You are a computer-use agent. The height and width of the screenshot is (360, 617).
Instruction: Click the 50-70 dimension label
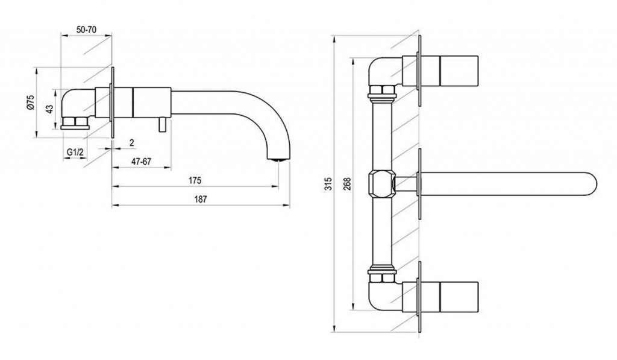pos(86,30)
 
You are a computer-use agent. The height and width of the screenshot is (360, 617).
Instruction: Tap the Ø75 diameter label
pos(31,103)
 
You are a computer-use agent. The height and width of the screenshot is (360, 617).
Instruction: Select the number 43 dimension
pos(49,109)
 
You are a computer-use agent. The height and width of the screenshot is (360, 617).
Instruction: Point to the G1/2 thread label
pos(75,152)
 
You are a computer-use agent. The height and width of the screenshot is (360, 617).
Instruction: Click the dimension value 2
pos(132,143)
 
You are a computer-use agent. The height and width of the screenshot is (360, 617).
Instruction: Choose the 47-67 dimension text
pos(141,162)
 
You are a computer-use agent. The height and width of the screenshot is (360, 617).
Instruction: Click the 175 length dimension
pos(195,180)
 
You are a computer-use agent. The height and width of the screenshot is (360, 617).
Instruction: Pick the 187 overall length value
pos(201,200)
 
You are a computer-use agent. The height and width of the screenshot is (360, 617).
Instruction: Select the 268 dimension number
pos(347,184)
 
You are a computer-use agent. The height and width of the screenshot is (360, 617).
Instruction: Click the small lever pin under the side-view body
pos(162,124)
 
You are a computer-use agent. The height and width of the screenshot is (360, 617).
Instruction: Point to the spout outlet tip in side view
pos(278,159)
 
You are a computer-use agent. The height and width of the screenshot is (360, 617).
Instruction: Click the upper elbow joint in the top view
pos(386,73)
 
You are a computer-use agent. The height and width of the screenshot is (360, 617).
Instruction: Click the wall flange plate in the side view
pos(113,103)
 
